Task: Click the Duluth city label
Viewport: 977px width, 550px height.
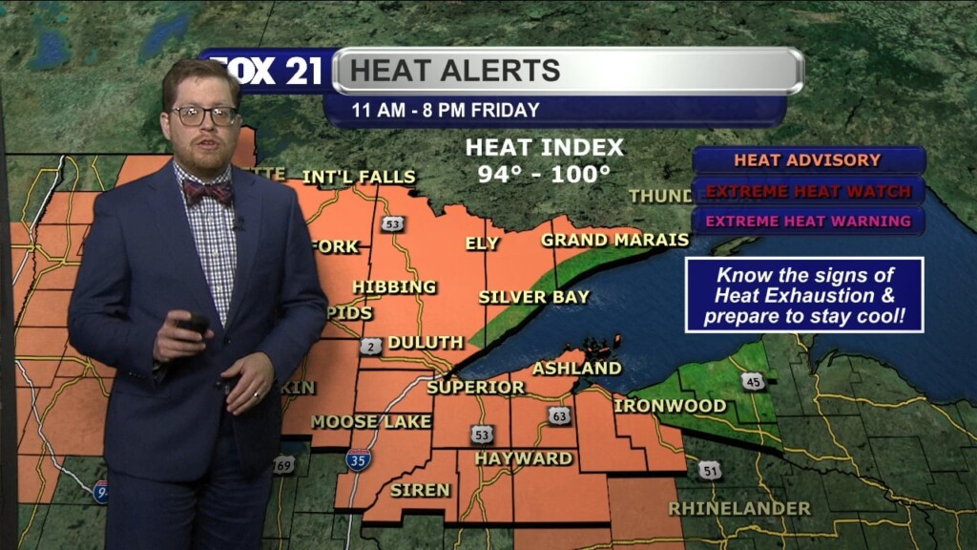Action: pyautogui.click(x=426, y=342)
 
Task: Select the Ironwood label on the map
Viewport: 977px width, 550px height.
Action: pyautogui.click(x=669, y=406)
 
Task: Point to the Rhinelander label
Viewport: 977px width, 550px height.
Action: pyautogui.click(x=739, y=508)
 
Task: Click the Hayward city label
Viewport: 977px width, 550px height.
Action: pyautogui.click(x=523, y=458)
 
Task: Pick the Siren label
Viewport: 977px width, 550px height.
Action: pyautogui.click(x=420, y=490)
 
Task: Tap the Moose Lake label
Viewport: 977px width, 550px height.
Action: pyautogui.click(x=371, y=421)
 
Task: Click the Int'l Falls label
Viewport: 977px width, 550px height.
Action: pyautogui.click(x=359, y=177)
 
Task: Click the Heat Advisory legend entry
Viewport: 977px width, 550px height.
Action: pyautogui.click(x=807, y=160)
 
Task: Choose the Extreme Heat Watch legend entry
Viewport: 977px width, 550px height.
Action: pyautogui.click(x=807, y=191)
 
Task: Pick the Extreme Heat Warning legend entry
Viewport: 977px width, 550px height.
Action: pyautogui.click(x=807, y=222)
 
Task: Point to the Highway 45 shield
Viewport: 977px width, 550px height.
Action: pyautogui.click(x=753, y=381)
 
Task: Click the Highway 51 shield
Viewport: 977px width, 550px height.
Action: pyautogui.click(x=710, y=470)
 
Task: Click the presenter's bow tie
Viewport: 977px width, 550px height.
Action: pyautogui.click(x=207, y=192)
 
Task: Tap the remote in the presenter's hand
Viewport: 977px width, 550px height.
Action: pyautogui.click(x=194, y=325)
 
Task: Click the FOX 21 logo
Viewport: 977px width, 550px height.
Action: pyautogui.click(x=266, y=72)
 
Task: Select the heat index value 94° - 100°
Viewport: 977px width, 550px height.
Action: pyautogui.click(x=544, y=175)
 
